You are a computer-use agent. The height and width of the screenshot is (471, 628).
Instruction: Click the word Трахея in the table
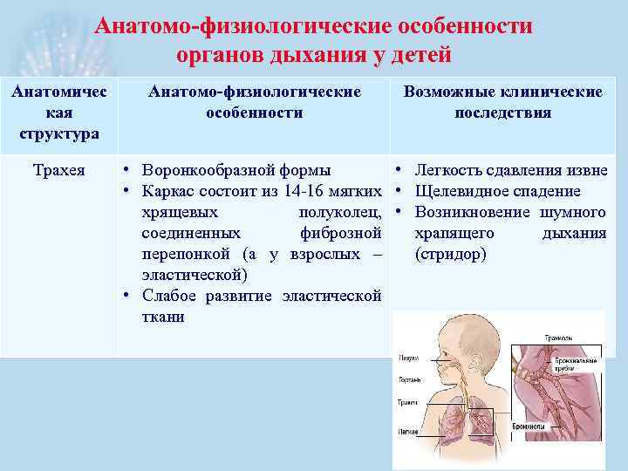59,170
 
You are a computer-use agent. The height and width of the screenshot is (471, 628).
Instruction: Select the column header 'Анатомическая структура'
59,113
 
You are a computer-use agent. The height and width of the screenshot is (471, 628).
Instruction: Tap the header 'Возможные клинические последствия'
502,102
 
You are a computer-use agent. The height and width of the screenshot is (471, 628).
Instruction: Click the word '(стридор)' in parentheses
452,254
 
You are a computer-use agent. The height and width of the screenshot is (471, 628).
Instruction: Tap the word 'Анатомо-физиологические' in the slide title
229,26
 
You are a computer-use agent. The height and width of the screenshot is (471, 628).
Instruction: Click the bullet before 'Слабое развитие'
127,296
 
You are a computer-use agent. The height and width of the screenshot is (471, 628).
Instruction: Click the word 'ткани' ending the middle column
163,317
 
